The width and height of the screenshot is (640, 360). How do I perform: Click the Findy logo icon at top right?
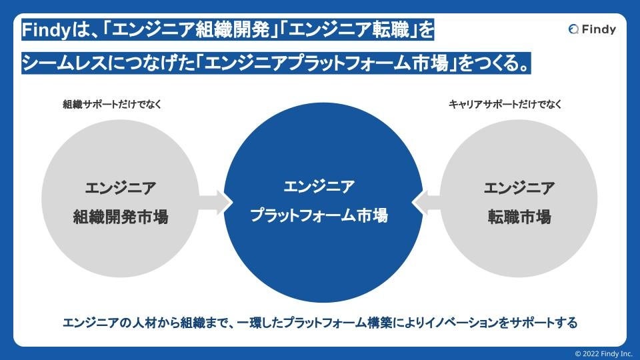574,29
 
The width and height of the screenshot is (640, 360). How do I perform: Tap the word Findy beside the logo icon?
598,29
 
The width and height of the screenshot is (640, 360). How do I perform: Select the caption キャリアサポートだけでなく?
505,104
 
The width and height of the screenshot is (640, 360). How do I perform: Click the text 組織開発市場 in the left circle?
120,217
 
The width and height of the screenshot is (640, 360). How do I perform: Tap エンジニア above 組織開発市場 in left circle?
120,188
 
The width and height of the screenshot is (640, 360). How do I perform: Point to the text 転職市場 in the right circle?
519,217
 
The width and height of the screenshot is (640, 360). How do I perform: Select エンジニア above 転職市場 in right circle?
519,188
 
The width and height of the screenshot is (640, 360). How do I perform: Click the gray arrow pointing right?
215,201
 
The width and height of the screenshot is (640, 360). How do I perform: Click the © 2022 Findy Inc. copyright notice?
603,353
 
